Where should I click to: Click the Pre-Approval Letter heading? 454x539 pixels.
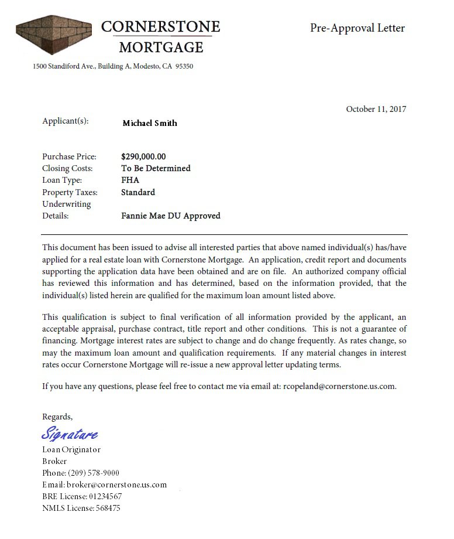point(357,28)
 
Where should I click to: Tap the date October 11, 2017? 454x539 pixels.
point(376,109)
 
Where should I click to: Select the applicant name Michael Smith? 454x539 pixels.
point(149,123)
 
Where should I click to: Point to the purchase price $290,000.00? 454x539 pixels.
point(143,156)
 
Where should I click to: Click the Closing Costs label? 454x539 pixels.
point(67,168)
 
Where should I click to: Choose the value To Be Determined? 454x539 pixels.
point(156,168)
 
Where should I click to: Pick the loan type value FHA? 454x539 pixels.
point(130,180)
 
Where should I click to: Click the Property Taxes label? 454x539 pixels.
point(70,192)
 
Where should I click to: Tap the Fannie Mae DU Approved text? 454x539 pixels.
point(170,216)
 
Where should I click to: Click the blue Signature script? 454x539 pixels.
point(70,434)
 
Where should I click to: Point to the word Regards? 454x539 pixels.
point(57,417)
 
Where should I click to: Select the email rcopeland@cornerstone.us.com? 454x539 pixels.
point(339,386)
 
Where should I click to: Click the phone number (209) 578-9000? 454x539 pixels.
point(94,473)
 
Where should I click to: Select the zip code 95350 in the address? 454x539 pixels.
point(184,66)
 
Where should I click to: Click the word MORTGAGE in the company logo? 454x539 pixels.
point(161,47)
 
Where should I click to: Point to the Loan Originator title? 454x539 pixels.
point(71,449)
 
